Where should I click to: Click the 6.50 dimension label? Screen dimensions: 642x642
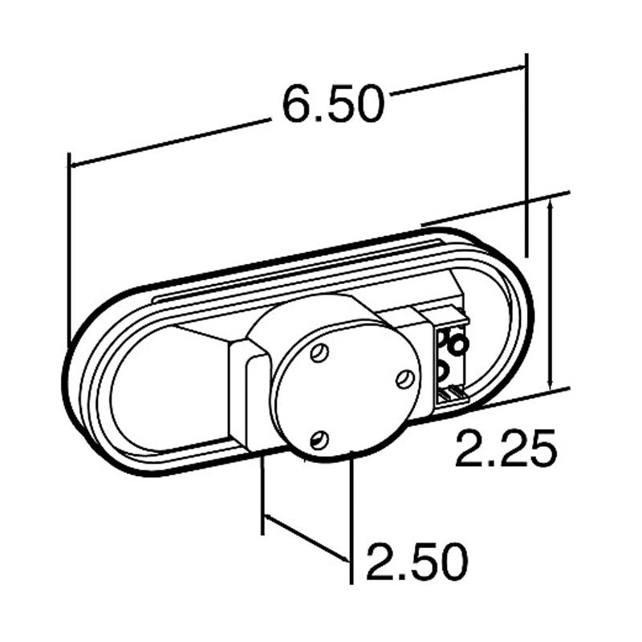click(334, 104)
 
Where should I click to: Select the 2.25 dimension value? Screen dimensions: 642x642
click(506, 448)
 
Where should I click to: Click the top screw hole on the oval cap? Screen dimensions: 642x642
click(319, 353)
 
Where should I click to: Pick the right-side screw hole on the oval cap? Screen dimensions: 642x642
click(404, 379)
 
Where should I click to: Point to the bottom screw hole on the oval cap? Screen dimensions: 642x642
click(319, 441)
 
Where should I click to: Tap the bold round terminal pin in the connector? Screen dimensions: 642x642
click(457, 345)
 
